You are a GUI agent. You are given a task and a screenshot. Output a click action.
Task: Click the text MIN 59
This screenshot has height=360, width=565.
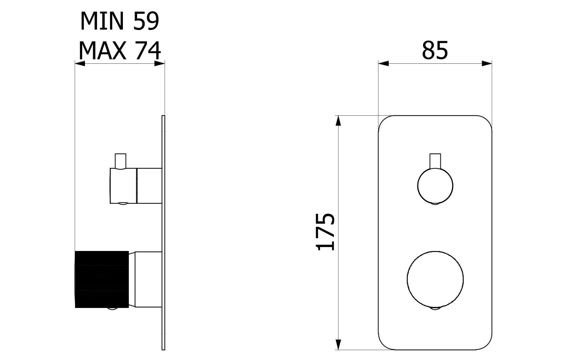click(x=120, y=21)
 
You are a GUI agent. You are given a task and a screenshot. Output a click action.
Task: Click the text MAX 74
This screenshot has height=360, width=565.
click(x=120, y=50)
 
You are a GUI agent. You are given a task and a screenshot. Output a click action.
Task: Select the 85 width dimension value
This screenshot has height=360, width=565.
click(x=435, y=50)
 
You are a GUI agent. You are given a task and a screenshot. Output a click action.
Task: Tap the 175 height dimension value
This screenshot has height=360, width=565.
click(x=325, y=232)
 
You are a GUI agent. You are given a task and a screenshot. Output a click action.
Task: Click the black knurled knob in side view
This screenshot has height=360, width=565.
click(x=102, y=279)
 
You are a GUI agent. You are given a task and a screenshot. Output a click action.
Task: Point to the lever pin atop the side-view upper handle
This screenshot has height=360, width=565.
click(x=121, y=161)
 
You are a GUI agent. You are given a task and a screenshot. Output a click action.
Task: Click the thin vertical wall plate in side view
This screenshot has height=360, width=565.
click(x=163, y=234)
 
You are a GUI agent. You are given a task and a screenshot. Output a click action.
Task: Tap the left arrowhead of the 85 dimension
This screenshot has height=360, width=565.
click(x=383, y=64)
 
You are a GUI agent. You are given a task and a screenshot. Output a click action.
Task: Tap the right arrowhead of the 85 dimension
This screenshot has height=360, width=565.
click(x=487, y=64)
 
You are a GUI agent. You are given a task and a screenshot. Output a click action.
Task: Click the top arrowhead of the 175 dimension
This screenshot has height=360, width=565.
click(x=338, y=121)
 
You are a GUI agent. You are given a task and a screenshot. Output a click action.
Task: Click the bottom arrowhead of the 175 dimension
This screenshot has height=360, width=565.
click(x=338, y=344)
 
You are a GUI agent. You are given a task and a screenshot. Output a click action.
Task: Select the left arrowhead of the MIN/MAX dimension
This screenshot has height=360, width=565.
click(x=80, y=64)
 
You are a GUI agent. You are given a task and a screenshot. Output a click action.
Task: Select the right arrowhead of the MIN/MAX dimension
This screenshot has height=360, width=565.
click(x=160, y=64)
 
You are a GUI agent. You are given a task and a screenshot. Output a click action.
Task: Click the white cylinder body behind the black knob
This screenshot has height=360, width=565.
click(x=148, y=279)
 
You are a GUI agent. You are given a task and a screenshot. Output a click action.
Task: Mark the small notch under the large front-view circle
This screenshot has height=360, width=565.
click(x=435, y=309)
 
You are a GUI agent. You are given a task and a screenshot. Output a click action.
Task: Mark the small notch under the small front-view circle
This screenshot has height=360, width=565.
click(x=435, y=203)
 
